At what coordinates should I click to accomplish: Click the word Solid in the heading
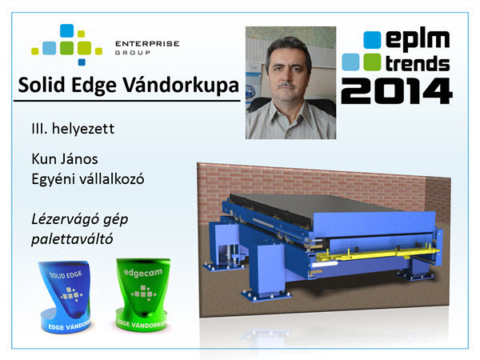[42, 85]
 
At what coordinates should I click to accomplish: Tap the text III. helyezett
[73, 129]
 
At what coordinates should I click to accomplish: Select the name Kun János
[65, 159]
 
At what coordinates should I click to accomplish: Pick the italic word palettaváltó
[72, 239]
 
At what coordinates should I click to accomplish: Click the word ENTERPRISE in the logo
[147, 44]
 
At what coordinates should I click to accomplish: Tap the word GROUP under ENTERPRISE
[133, 53]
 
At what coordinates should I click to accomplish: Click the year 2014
[397, 91]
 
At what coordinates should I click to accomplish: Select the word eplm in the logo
[418, 40]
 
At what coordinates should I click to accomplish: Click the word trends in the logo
[418, 64]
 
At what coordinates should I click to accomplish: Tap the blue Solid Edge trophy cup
[65, 296]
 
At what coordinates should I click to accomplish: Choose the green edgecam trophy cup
[142, 294]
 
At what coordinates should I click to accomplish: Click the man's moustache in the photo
[286, 86]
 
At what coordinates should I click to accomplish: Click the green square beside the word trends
[372, 62]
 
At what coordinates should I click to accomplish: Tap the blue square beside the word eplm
[372, 40]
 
